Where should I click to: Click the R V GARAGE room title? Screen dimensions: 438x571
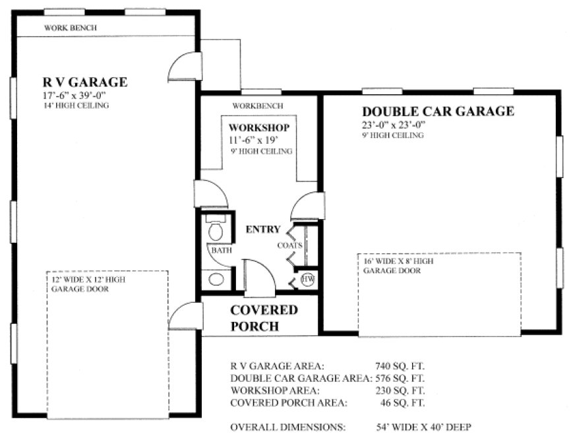pos(85,82)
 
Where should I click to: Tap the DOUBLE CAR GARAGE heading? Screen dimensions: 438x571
pos(438,111)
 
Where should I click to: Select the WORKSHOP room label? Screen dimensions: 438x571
pos(258,127)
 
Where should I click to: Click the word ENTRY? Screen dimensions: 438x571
pos(263,230)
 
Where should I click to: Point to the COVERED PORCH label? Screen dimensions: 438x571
pos(264,317)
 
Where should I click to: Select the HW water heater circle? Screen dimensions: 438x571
pos(307,280)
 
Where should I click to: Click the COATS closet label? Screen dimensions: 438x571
pos(290,245)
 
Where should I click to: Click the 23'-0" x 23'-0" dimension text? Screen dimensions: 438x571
pos(394,124)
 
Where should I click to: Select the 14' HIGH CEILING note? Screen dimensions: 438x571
pos(73,106)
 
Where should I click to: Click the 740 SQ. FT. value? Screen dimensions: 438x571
pos(400,365)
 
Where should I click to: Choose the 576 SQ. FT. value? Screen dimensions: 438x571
pos(400,378)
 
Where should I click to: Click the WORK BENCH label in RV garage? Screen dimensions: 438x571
pos(71,28)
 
